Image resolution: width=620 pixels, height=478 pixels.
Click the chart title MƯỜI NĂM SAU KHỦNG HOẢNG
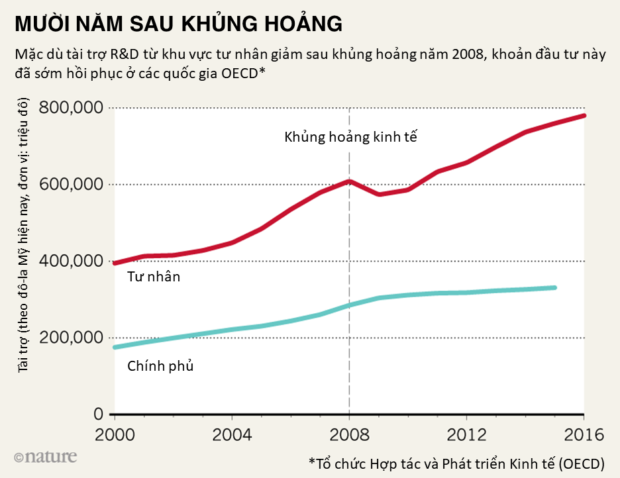178,25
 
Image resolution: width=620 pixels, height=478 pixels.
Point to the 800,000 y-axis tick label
71,107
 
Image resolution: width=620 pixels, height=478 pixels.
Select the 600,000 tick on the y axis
71,184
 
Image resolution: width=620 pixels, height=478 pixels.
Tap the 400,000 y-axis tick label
71,261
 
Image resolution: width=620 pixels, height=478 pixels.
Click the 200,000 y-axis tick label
71,338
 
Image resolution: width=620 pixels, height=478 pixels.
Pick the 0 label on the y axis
99,414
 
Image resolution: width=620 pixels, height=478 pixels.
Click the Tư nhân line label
153,277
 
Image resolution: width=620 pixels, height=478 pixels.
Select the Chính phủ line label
160,365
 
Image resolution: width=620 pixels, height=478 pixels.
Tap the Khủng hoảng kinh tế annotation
351,138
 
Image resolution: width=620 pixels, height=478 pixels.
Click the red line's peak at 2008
349,181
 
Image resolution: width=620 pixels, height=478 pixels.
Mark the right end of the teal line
555,287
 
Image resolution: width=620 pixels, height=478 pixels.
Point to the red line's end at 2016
584,115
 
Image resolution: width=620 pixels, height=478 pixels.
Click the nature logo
44,457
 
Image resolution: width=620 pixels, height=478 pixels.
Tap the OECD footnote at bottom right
456,462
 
